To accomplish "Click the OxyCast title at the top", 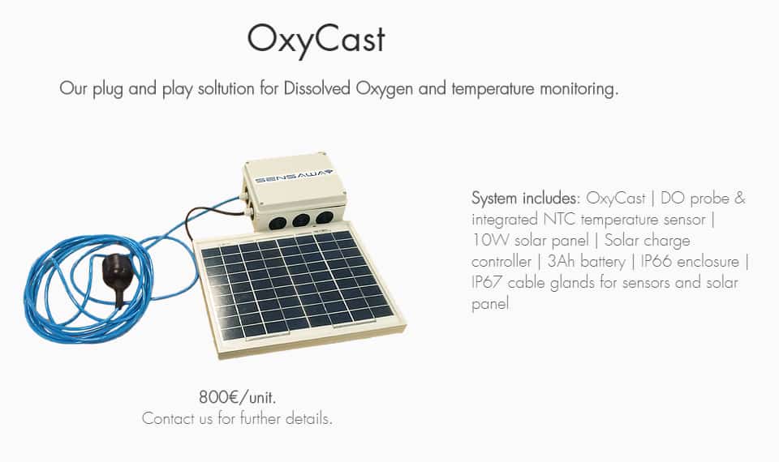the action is pos(316,40).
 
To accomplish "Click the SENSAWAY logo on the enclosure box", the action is pos(293,176).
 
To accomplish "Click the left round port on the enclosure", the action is pos(278,222).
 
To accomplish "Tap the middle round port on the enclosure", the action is pos(301,220).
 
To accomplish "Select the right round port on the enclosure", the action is pos(325,217).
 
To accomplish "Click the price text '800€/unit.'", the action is pos(237,397).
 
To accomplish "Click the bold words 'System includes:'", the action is pos(526,199).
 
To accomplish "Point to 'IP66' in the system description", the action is pos(656,262).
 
